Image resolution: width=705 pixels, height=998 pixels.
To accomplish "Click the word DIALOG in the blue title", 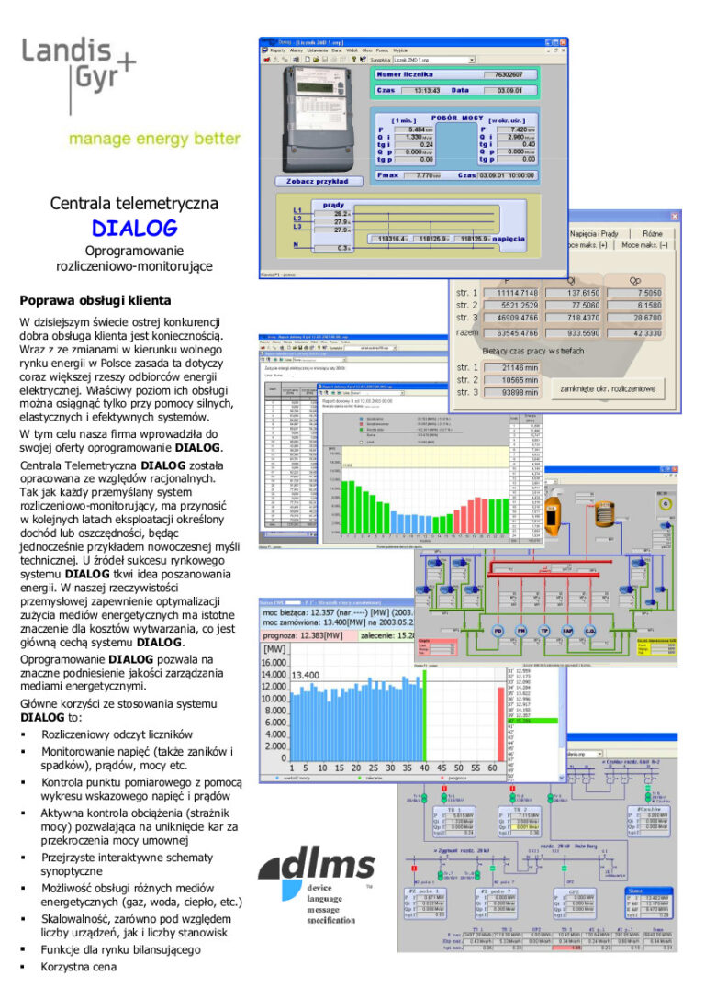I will click(134, 228).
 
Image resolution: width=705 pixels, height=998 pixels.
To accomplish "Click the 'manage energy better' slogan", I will click(154, 140).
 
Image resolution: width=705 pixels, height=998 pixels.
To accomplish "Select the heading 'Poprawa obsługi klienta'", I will click(95, 300).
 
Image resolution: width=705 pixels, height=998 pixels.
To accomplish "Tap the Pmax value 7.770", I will click(428, 174).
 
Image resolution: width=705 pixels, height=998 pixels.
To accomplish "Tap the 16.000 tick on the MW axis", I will click(274, 663).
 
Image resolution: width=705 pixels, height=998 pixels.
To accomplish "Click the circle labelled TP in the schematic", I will click(543, 633).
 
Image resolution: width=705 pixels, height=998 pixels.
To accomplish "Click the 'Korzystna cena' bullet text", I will click(79, 967).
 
